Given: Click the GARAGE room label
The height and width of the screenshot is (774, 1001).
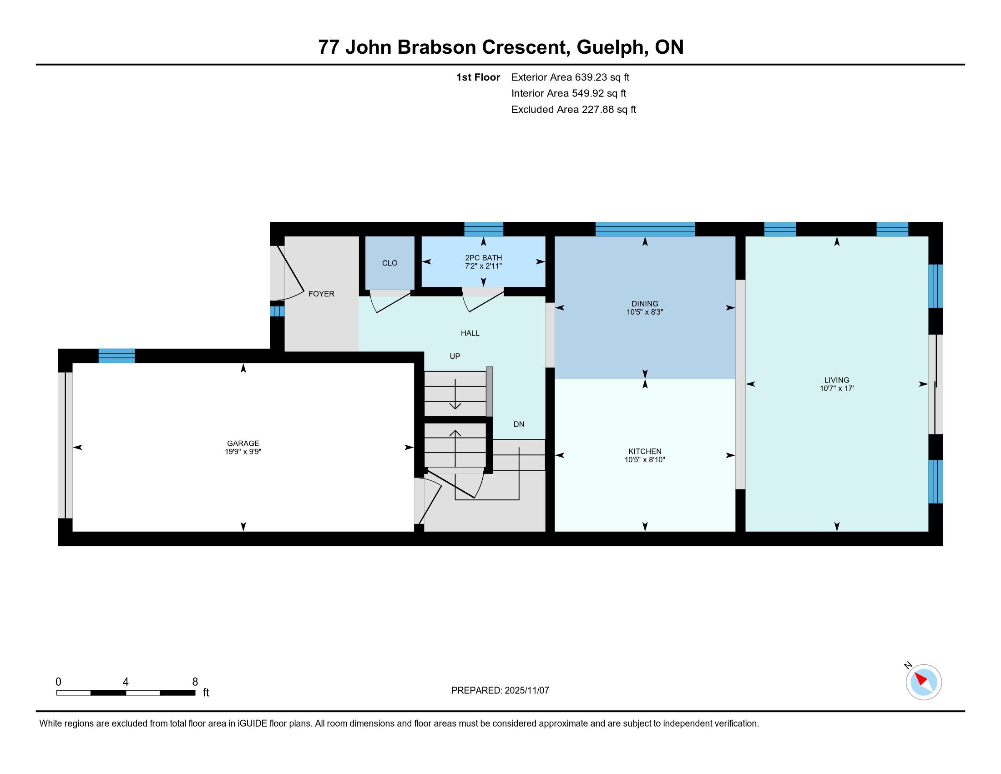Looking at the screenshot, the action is pyautogui.click(x=243, y=443).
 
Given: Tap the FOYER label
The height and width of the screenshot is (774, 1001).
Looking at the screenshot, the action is pyautogui.click(x=321, y=294).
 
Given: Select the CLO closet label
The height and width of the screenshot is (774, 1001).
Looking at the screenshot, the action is pyautogui.click(x=389, y=263).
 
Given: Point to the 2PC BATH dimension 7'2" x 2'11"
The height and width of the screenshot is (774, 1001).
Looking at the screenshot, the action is pyautogui.click(x=483, y=266).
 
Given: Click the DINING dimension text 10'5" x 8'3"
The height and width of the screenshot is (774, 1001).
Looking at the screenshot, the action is pyautogui.click(x=645, y=312).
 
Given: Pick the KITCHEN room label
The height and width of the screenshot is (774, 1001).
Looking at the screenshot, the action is pyautogui.click(x=645, y=452).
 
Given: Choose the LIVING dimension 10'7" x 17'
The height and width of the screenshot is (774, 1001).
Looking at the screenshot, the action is pyautogui.click(x=836, y=388).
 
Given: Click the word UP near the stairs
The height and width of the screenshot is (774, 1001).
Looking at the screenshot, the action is pyautogui.click(x=455, y=356).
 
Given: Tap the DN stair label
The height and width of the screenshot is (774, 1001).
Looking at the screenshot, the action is pyautogui.click(x=519, y=425).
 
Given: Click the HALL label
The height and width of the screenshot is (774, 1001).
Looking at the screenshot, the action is pyautogui.click(x=470, y=333).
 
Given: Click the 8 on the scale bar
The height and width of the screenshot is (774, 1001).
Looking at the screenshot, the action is pyautogui.click(x=195, y=682).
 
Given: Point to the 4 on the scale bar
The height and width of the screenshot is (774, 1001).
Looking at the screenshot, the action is pyautogui.click(x=126, y=682).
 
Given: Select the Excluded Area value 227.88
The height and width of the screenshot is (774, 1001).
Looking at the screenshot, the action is pyautogui.click(x=598, y=110).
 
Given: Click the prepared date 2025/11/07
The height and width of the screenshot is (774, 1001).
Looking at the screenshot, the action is pyautogui.click(x=527, y=691).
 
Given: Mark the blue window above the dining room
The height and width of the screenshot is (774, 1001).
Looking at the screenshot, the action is pyautogui.click(x=645, y=229).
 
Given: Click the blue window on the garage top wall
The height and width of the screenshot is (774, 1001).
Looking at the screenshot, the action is pyautogui.click(x=116, y=356).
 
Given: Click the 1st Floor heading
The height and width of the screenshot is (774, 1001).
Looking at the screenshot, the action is pyautogui.click(x=478, y=77).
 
